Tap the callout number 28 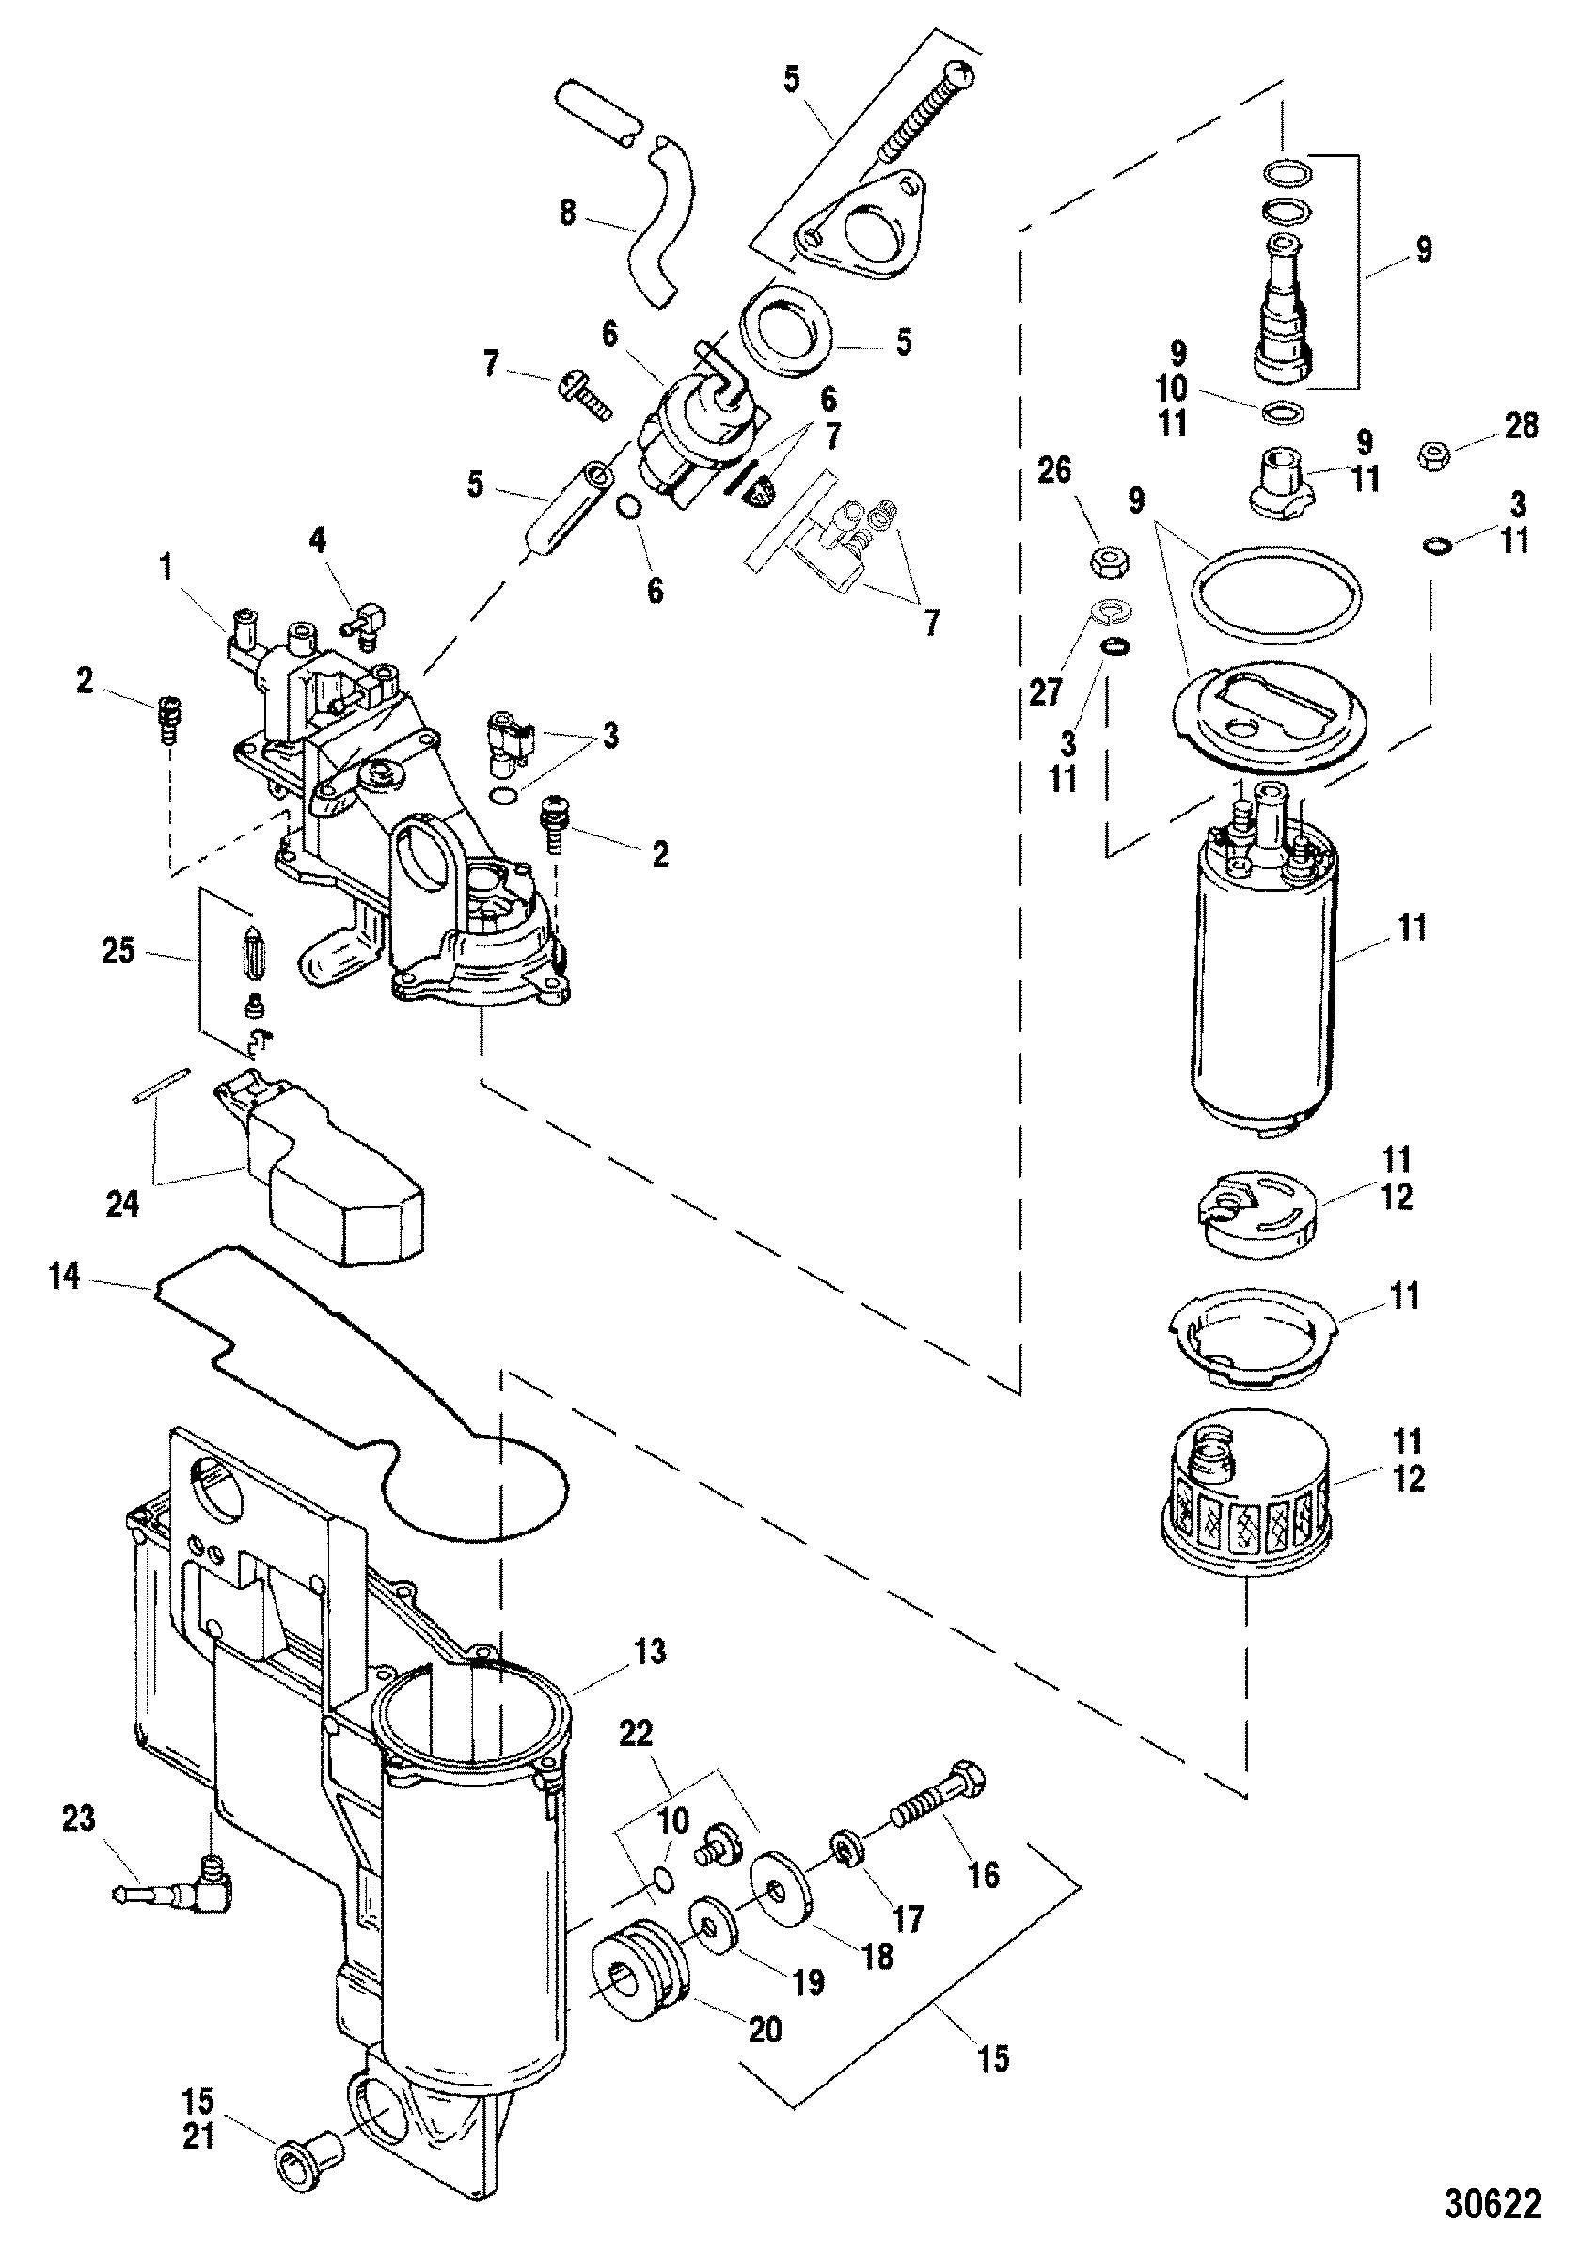click(1519, 426)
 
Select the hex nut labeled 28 click(1437, 454)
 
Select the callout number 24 click(123, 1204)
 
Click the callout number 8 click(568, 214)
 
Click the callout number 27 click(1045, 691)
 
